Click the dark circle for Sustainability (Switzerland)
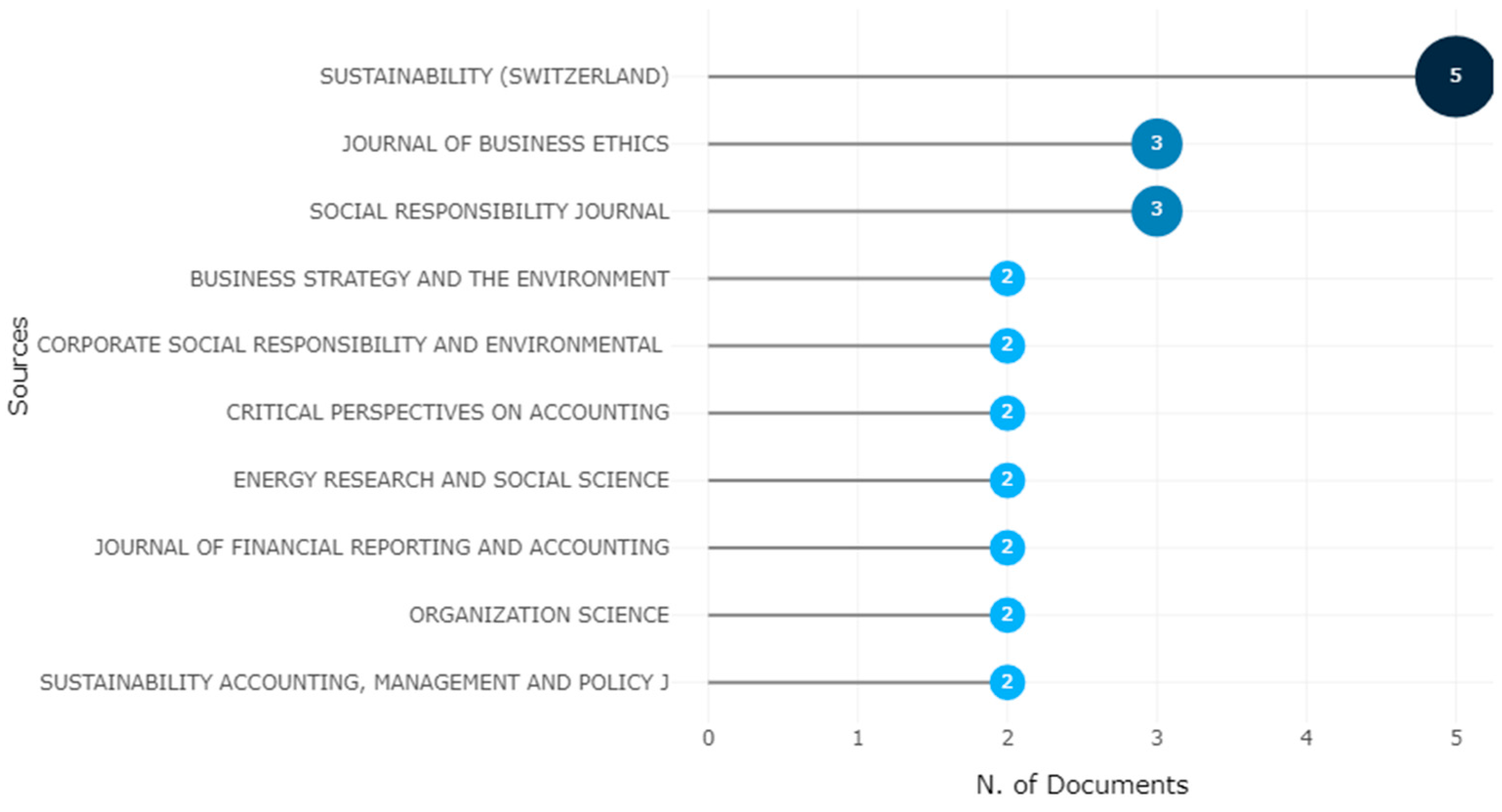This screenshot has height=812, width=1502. (1455, 76)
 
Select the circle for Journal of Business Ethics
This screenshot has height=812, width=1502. (1156, 143)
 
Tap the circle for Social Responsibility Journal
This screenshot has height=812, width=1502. (1156, 210)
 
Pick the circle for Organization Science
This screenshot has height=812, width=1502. (1007, 614)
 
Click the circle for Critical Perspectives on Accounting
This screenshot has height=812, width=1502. (1007, 413)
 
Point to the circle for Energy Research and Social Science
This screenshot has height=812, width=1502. (1007, 480)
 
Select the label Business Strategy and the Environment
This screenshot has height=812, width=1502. (429, 279)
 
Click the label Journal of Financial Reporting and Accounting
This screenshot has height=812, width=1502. (382, 548)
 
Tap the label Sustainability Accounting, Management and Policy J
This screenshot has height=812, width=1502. (354, 682)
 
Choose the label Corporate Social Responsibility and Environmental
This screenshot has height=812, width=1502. (350, 345)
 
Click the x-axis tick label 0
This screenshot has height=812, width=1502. (709, 738)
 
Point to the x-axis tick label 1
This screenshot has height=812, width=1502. (858, 738)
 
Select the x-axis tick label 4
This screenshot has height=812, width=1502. (1306, 738)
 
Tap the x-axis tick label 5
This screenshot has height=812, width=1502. (1456, 738)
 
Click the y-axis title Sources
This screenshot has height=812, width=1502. (19, 365)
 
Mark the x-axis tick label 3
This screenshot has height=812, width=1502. (1157, 738)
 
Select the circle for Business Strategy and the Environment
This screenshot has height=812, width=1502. (1007, 278)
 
